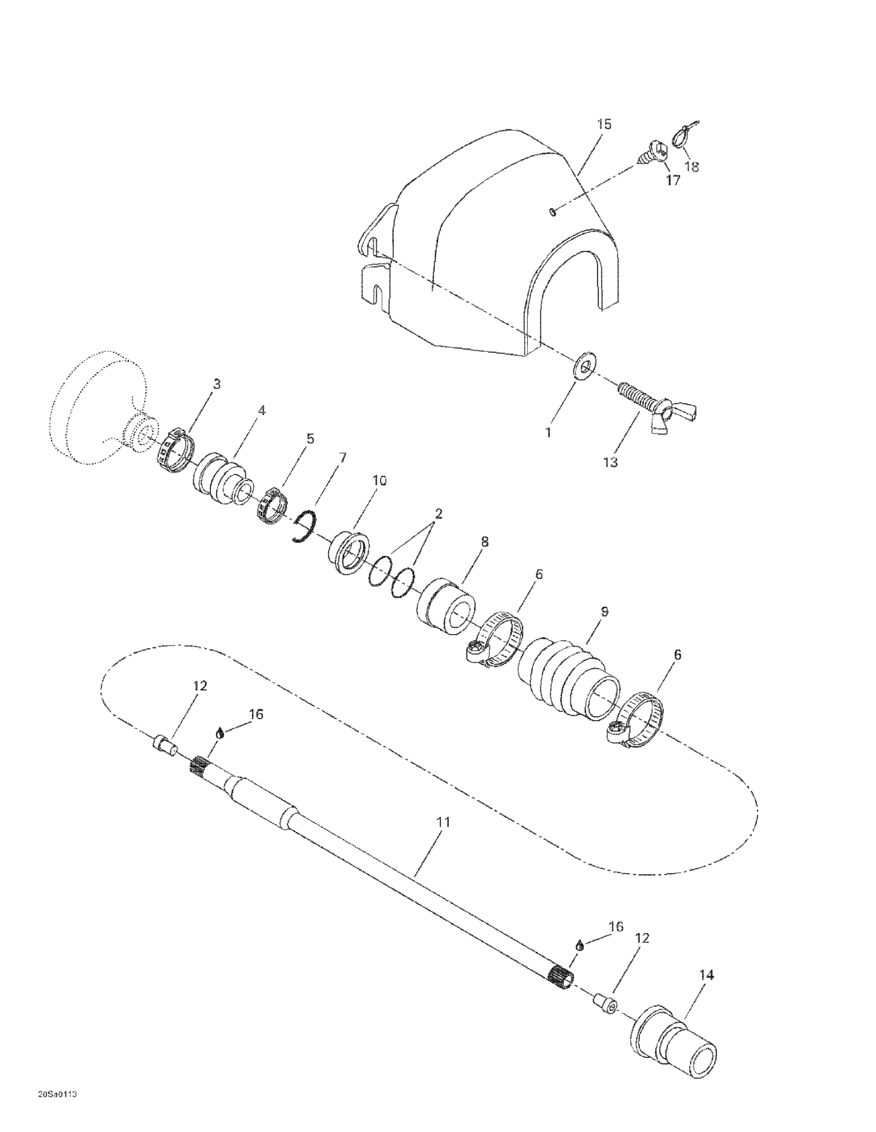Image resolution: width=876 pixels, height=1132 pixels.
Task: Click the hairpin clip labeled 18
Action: (x=684, y=136)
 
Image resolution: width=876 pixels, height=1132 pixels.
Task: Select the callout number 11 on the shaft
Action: (x=443, y=822)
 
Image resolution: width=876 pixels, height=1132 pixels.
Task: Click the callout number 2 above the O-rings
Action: (x=439, y=514)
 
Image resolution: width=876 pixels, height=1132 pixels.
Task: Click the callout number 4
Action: (x=262, y=410)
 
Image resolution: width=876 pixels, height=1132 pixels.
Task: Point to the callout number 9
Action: (x=603, y=611)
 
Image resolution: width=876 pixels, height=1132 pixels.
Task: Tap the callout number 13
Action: (x=611, y=462)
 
